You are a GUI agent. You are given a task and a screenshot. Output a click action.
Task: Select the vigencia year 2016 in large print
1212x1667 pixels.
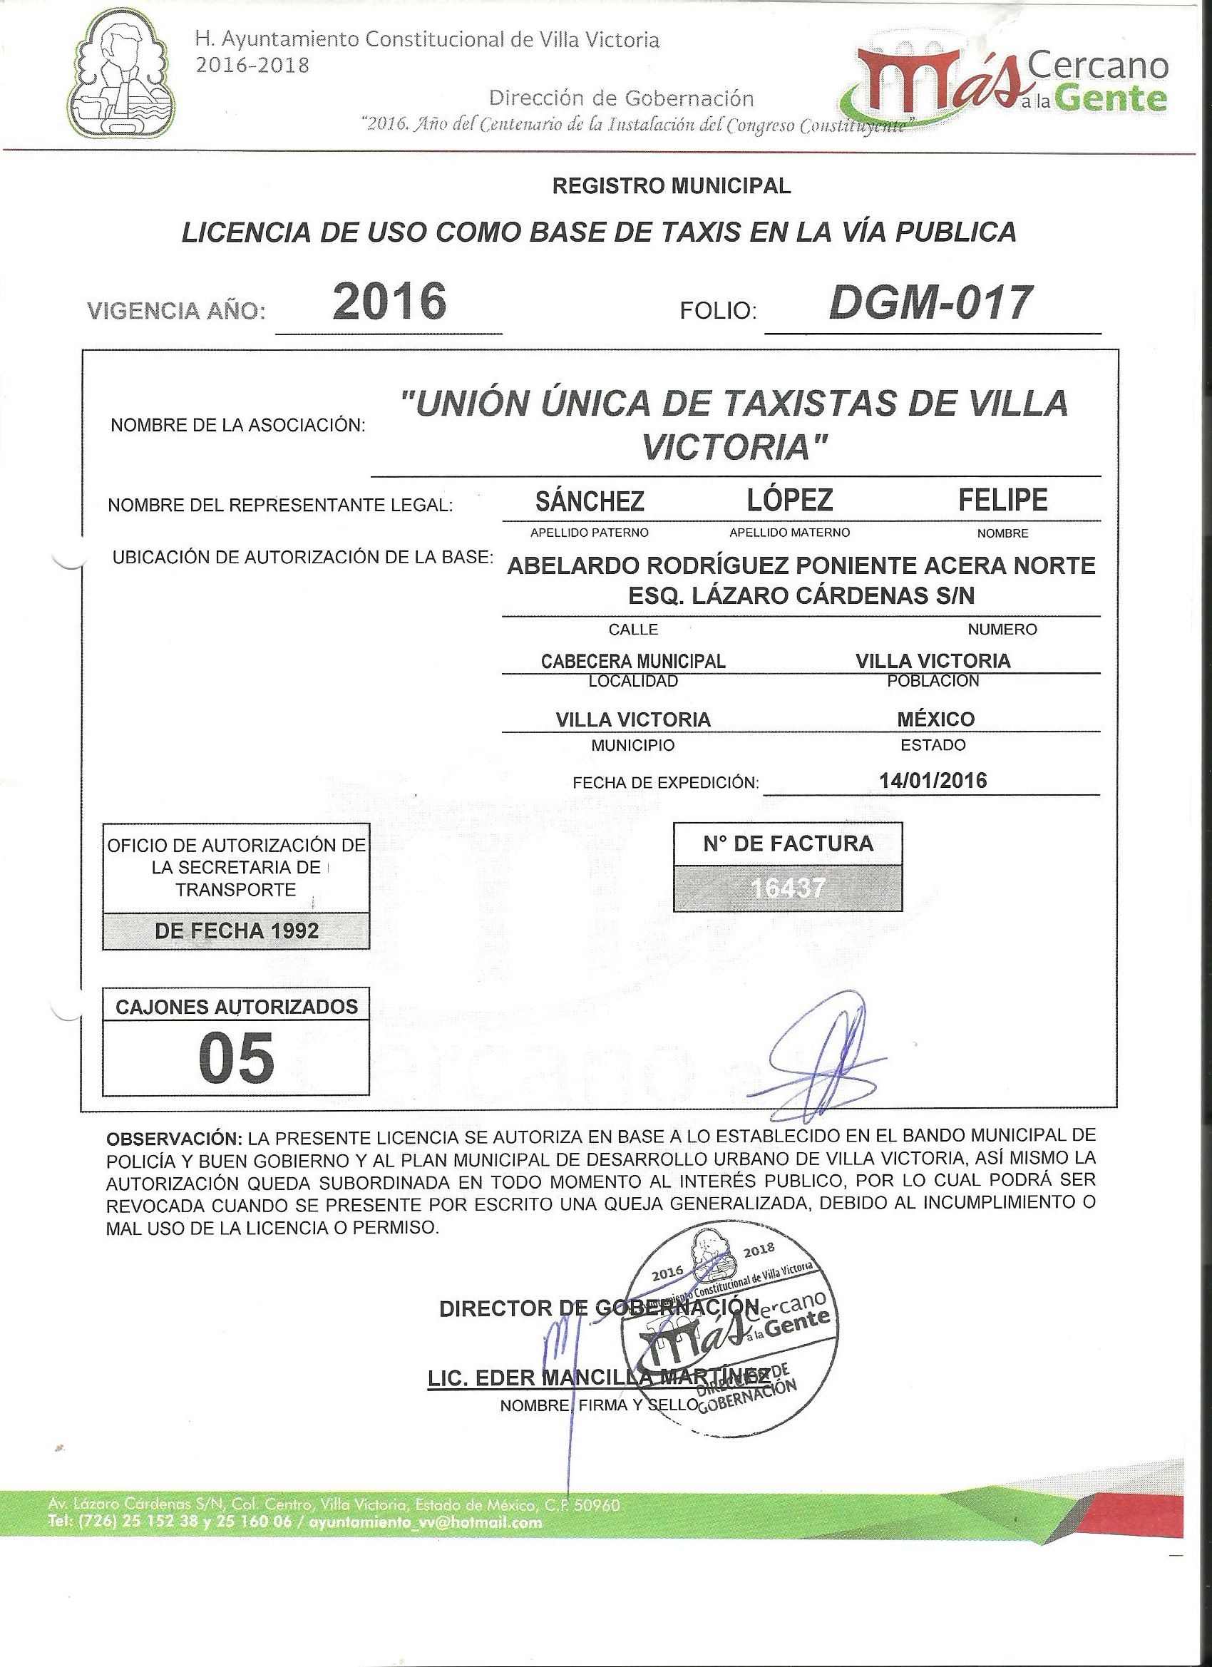(389, 302)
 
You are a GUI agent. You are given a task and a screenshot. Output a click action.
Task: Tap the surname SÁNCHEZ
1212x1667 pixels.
(590, 501)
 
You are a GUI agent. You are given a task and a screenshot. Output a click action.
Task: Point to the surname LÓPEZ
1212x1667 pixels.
(789, 500)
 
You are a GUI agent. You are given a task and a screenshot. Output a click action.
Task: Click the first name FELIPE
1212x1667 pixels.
(1002, 500)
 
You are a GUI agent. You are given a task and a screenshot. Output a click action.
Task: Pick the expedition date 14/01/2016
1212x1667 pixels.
(933, 780)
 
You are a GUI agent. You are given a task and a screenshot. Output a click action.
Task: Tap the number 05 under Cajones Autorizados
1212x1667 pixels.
(236, 1058)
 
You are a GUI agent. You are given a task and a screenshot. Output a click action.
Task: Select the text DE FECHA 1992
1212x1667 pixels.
(237, 931)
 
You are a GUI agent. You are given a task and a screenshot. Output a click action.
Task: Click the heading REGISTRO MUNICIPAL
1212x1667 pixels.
(671, 187)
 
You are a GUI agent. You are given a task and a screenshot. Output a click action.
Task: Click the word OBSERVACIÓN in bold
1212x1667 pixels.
(173, 1139)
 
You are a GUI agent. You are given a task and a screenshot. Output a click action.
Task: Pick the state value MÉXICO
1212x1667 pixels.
(935, 719)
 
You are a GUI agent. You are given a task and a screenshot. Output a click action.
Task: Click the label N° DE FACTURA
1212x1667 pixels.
(788, 843)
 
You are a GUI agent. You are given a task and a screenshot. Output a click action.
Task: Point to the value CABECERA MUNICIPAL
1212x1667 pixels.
(633, 661)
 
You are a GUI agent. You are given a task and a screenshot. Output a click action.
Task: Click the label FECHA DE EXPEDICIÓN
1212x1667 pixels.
(665, 783)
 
